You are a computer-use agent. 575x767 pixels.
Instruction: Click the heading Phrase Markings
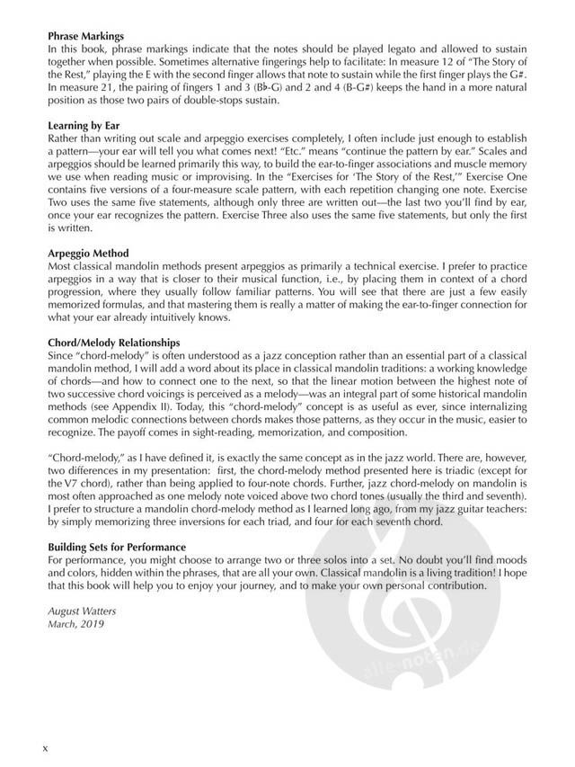pyautogui.click(x=85, y=36)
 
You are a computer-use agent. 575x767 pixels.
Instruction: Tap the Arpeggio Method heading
pyautogui.click(x=89, y=254)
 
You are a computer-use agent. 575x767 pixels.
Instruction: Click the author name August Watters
pyautogui.click(x=81, y=611)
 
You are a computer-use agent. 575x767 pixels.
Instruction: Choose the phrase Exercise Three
pyautogui.click(x=326, y=217)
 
